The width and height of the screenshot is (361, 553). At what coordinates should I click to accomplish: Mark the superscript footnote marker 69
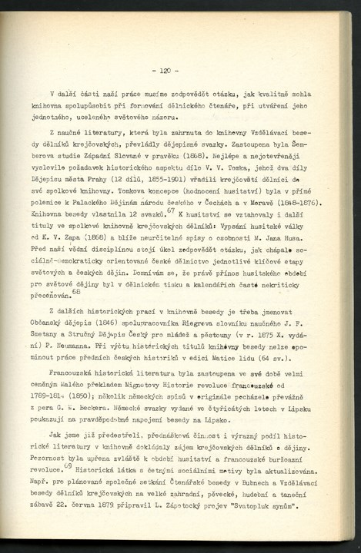67,465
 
